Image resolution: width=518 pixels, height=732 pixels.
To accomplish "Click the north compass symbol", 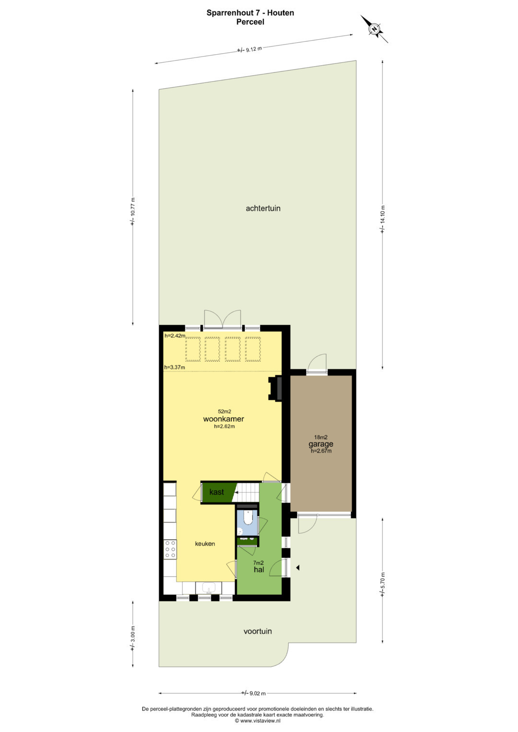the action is coord(374,29).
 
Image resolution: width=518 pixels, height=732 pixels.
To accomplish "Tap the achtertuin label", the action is coord(263,209).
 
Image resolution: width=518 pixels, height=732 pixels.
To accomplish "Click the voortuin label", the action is coord(258,631).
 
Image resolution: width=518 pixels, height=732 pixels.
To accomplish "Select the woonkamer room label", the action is coord(224,419).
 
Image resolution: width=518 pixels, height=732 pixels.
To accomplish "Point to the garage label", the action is coord(321,444).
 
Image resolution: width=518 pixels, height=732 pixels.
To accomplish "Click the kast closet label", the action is coord(216,492).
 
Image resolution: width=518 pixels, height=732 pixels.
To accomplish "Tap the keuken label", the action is coord(205,544).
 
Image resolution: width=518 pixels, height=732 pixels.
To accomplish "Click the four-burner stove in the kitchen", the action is coord(170,549).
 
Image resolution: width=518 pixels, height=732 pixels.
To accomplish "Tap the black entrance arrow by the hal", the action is coord(297,568).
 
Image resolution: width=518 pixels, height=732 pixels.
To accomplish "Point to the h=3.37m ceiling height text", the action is coord(174,367).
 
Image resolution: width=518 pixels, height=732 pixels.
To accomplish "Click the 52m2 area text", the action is coord(224,411).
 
